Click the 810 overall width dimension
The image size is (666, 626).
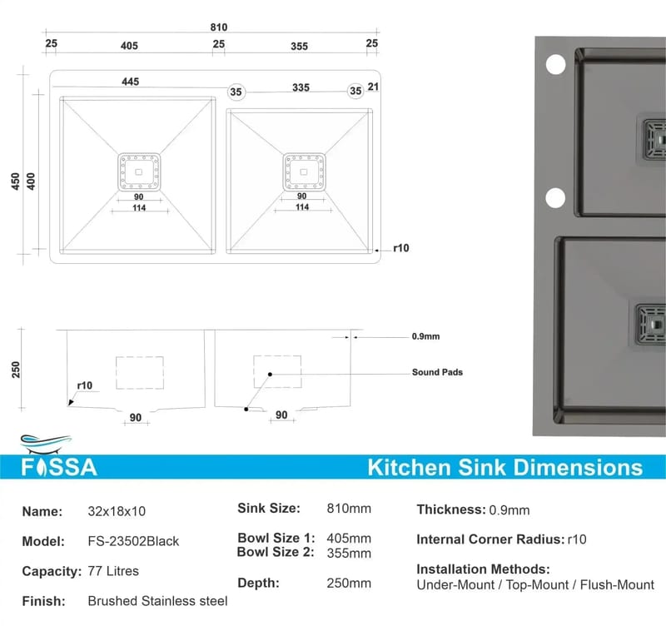219,27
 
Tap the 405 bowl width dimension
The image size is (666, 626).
129,46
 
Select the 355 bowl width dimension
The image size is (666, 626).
299,47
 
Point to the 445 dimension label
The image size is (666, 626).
131,82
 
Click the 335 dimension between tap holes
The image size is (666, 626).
301,87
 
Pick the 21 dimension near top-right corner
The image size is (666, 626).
373,87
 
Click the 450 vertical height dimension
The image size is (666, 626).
15,181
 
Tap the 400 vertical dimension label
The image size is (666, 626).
31,181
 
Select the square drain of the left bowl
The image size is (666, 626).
139,172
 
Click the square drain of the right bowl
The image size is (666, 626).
304,171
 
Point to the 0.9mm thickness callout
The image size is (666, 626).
425,337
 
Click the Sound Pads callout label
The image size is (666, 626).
437,372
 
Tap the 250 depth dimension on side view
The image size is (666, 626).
16,370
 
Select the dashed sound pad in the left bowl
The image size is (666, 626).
140,372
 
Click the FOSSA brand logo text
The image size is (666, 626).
59,467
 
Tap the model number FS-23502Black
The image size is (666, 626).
133,541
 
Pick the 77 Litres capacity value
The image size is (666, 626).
113,571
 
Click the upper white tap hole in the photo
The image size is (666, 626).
555,65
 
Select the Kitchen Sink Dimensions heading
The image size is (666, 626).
505,468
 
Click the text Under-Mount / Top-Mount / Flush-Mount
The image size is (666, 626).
535,585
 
